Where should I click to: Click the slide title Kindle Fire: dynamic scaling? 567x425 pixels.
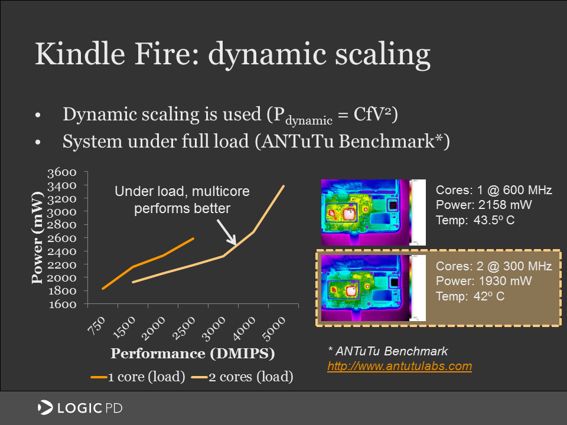(x=232, y=54)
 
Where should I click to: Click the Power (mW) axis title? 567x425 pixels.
(x=38, y=237)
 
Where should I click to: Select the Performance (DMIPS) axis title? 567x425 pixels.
(x=193, y=354)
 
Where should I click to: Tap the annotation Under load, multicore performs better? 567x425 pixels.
(x=181, y=200)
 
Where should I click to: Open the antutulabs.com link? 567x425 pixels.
(x=400, y=366)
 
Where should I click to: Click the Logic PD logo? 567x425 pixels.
(x=80, y=407)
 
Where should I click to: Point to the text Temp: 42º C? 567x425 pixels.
(x=470, y=296)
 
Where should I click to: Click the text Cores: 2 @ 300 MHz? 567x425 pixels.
(x=494, y=266)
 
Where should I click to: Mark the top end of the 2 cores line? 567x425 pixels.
(x=284, y=186)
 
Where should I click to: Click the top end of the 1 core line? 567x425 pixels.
(x=193, y=238)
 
